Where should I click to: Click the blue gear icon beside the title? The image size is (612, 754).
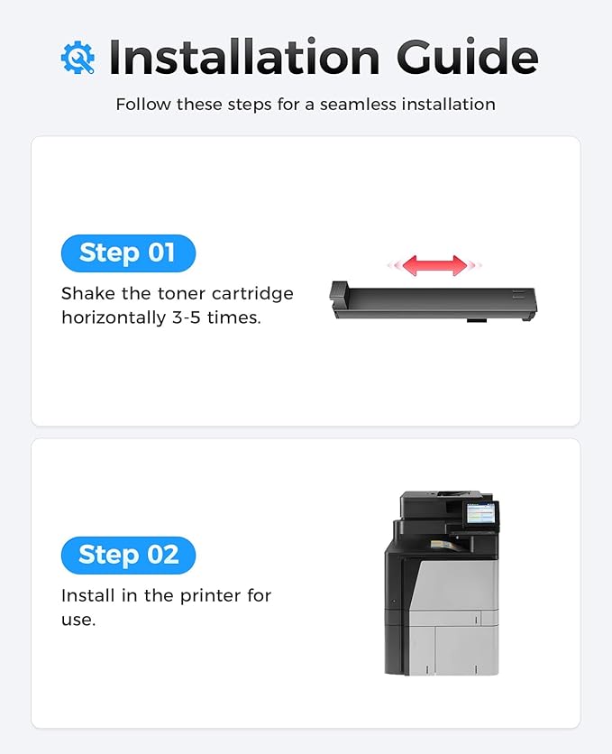coord(78,58)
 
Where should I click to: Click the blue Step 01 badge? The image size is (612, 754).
coord(127,253)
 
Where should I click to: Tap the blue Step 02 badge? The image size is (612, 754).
coord(127,555)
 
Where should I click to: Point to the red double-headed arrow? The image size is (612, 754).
coord(434,265)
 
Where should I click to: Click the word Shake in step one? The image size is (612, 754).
coord(87,294)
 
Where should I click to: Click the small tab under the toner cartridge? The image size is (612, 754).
coord(477,319)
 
